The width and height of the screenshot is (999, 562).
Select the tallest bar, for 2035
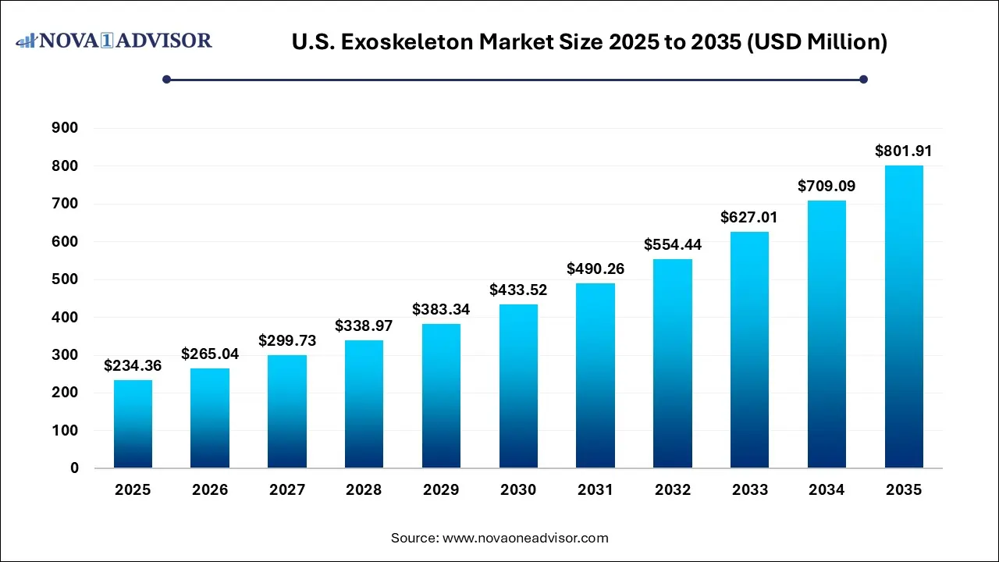(904, 316)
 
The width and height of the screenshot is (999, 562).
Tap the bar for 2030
(518, 386)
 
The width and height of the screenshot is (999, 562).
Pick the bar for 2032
(673, 363)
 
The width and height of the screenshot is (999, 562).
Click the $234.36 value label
(133, 365)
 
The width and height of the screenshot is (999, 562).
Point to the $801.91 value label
(904, 151)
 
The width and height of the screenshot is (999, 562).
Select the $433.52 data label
(518, 290)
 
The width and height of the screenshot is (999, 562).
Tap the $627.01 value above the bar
(749, 217)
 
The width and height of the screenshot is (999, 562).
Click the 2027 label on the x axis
(286, 490)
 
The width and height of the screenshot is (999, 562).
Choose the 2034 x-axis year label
(827, 490)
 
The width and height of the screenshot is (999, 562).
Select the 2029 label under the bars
(441, 490)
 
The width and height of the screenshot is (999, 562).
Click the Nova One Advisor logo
(114, 40)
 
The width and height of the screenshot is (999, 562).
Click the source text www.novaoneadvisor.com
(525, 538)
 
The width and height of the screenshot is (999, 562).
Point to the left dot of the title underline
(166, 79)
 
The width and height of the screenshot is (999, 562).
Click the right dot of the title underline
(863, 79)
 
